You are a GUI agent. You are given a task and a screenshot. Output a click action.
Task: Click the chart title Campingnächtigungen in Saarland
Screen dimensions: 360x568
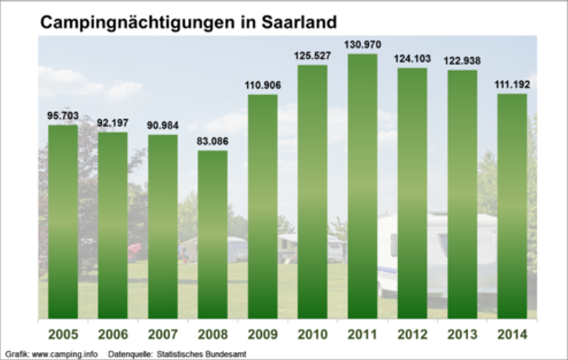[x=184, y=22]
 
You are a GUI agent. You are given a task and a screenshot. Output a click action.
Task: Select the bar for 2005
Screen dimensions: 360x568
[x=63, y=222]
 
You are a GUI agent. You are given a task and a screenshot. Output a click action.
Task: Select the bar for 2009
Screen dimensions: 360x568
[x=263, y=207]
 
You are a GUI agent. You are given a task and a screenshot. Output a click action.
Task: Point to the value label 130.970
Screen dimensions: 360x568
[x=362, y=45]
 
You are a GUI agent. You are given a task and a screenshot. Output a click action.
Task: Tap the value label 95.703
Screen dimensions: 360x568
[x=63, y=115]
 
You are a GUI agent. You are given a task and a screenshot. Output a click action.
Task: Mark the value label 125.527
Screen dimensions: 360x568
[x=313, y=56]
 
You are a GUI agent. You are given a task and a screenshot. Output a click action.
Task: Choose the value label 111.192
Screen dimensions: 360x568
[x=512, y=84]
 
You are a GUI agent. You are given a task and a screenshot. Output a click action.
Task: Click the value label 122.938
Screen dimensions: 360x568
[x=462, y=61]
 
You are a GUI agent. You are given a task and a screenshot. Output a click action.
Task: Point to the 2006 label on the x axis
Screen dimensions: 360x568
[x=112, y=334]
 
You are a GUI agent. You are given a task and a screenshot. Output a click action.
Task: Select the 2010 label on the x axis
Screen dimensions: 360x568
[x=313, y=334]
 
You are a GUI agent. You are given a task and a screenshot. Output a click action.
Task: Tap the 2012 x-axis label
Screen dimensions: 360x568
[x=412, y=334]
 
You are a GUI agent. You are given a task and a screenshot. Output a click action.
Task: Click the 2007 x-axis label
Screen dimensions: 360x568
[x=163, y=334]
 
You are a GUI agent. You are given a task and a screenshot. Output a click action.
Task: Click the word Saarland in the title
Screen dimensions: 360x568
[x=295, y=22]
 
